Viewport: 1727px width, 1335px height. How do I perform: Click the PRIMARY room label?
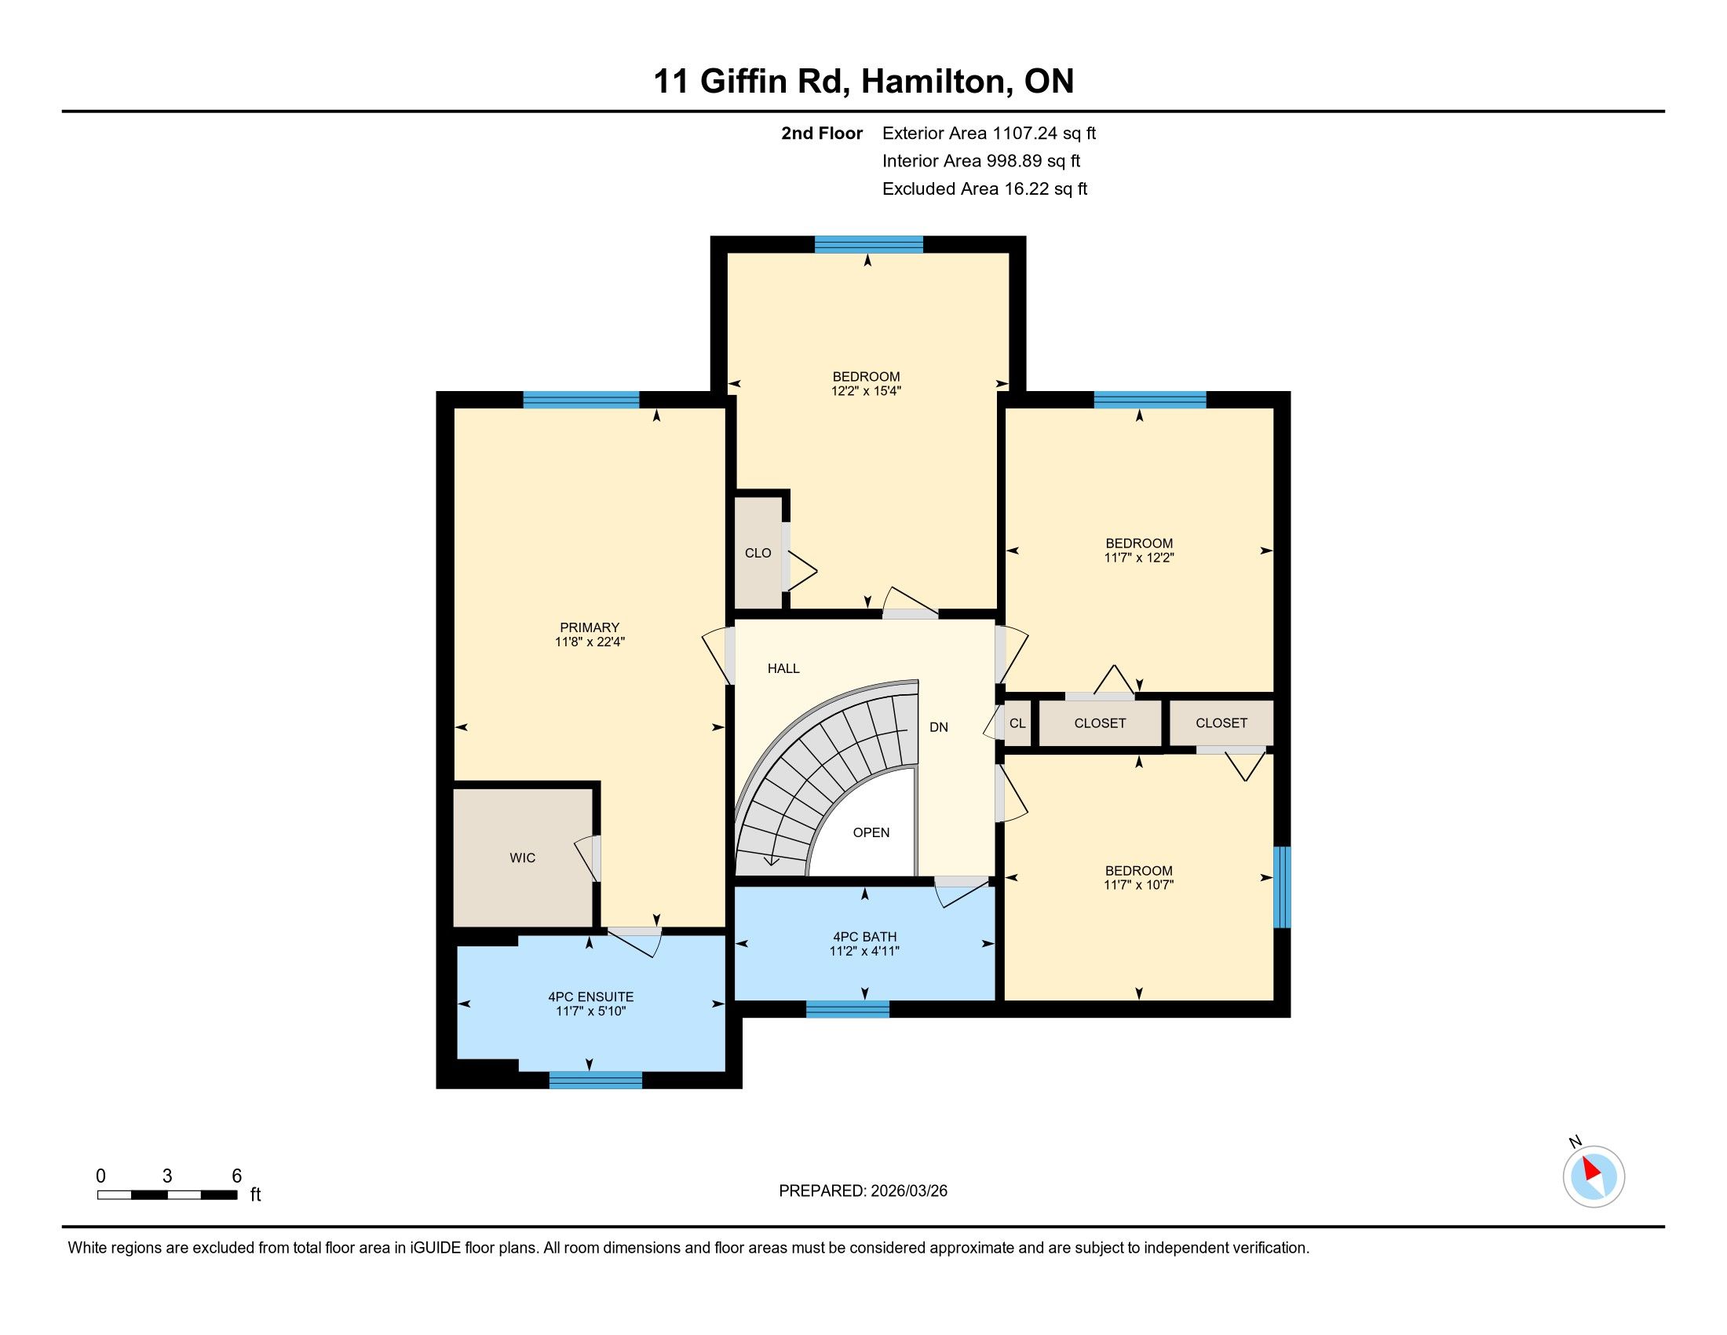coord(589,627)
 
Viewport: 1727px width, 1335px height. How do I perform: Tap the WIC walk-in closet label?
coord(523,858)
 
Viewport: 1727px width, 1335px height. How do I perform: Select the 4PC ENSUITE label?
coord(590,997)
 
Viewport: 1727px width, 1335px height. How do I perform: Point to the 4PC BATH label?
coord(864,936)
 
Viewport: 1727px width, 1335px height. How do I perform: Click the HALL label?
coord(783,668)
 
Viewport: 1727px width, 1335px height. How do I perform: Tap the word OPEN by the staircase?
coord(871,832)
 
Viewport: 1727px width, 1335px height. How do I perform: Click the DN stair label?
coord(939,727)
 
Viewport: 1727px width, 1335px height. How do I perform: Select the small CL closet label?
coord(1017,722)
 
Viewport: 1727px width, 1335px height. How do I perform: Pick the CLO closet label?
coord(758,553)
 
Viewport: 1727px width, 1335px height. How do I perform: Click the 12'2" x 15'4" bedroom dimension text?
coord(867,391)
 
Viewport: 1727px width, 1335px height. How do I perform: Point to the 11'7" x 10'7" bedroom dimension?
coord(1139,885)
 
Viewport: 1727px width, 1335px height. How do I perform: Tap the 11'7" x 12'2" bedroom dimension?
coord(1139,558)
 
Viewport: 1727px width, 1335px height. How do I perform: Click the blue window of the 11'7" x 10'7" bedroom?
coord(1282,887)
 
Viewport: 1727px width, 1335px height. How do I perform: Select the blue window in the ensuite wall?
coord(596,1080)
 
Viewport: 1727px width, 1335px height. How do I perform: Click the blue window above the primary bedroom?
coord(581,400)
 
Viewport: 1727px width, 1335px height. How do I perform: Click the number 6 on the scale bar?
coord(236,1176)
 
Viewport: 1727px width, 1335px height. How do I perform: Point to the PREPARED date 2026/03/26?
coord(907,1191)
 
